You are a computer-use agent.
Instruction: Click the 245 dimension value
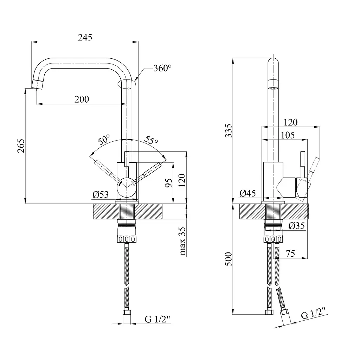tap(85, 37)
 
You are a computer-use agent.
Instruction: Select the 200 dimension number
tap(82, 99)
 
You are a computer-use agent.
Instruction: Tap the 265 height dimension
tap(21, 146)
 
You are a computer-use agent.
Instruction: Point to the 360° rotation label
tap(162, 68)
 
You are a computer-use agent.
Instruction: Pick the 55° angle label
tap(151, 140)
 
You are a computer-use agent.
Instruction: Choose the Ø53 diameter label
tap(101, 195)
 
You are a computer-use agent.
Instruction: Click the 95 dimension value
tap(169, 183)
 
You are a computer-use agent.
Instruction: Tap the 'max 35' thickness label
tap(182, 241)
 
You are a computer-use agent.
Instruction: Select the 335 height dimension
tap(229, 131)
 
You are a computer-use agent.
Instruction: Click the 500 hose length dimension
tap(229, 259)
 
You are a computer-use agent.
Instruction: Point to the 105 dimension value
tap(288, 135)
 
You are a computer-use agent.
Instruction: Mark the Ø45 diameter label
tap(247, 193)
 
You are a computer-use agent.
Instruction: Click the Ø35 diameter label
tap(297, 226)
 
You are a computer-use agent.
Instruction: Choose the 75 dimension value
tap(290, 254)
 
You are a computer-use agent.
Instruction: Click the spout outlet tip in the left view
tap(37, 84)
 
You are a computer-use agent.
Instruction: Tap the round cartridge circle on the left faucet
tap(126, 188)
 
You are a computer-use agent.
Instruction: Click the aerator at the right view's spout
tap(273, 88)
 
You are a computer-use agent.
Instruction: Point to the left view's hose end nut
tap(127, 312)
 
